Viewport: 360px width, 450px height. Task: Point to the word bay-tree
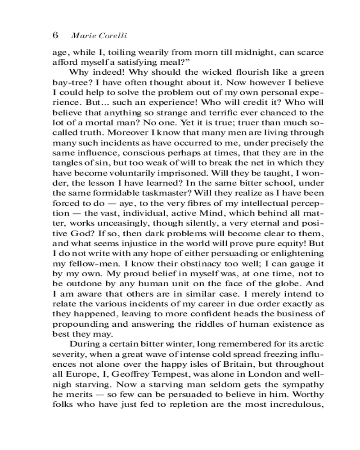(70, 82)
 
